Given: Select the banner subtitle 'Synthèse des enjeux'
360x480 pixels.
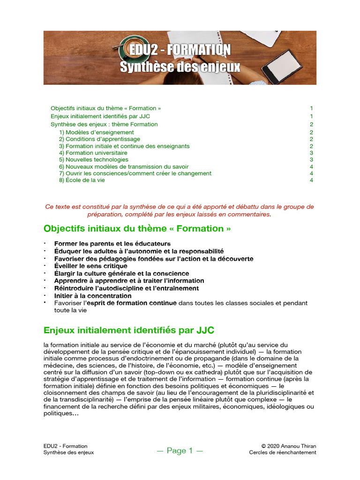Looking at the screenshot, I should (x=180, y=67).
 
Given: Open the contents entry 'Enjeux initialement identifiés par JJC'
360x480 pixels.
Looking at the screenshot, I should (x=100, y=116).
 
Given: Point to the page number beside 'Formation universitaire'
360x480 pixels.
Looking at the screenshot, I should (x=311, y=153).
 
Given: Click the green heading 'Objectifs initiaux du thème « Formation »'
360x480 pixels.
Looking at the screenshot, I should (x=137, y=229).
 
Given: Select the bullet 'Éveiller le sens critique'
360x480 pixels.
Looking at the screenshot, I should (x=90, y=266).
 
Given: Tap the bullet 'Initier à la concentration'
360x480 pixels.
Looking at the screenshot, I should (x=93, y=296).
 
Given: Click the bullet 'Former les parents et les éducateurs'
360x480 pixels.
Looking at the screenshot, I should (x=112, y=244).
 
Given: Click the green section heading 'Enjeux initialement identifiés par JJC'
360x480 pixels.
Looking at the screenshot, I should (x=129, y=330).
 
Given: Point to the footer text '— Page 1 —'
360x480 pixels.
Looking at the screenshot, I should (x=180, y=451).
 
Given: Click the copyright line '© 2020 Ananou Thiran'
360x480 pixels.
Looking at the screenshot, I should (x=289, y=446).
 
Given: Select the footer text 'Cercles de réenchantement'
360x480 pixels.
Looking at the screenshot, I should (x=283, y=453).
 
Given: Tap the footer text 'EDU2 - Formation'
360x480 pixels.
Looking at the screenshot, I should (x=65, y=446).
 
